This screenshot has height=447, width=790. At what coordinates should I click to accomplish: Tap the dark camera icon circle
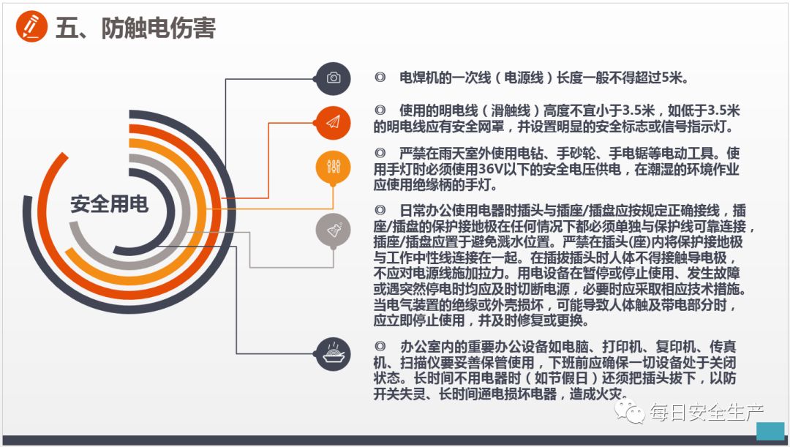(x=334, y=78)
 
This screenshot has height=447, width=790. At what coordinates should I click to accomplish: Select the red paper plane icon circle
(x=334, y=122)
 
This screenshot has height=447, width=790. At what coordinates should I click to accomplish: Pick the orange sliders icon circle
(x=334, y=167)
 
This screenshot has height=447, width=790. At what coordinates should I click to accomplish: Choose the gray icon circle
(x=334, y=230)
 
